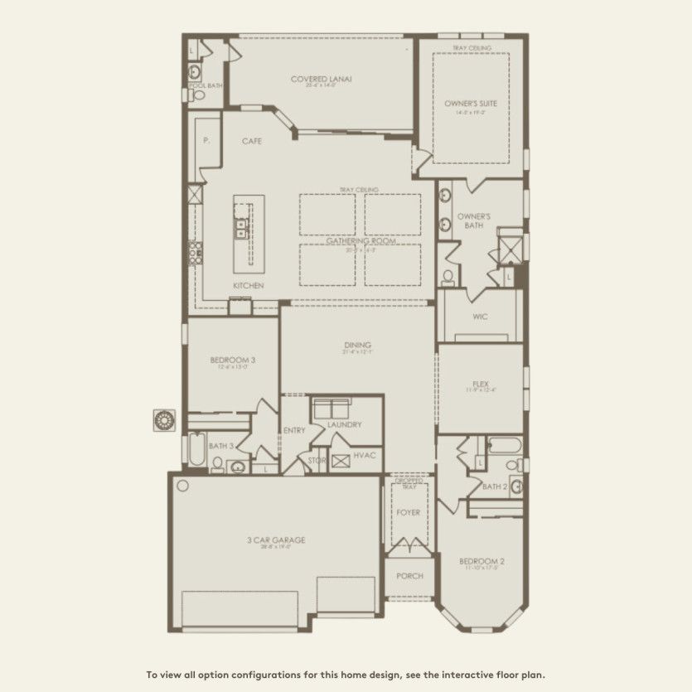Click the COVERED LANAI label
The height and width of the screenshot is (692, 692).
[x=322, y=80]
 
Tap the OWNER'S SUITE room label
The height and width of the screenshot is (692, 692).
[x=471, y=104]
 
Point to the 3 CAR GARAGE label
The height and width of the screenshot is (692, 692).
[x=276, y=540]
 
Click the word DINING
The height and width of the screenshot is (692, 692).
[x=358, y=345]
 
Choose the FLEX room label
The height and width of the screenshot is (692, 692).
[x=480, y=385]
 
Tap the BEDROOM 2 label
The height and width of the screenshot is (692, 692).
[x=481, y=561]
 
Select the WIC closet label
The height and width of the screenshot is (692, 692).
[x=479, y=316]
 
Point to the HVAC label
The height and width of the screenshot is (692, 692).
[x=365, y=455]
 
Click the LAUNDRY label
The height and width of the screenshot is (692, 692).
[x=344, y=424]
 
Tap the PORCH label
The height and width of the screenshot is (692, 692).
[x=409, y=576]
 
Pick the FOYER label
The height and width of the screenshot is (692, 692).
[x=409, y=512]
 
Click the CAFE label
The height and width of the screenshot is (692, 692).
[x=252, y=142]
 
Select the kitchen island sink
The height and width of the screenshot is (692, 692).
[x=242, y=229]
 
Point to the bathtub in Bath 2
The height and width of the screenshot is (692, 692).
[x=503, y=446]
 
